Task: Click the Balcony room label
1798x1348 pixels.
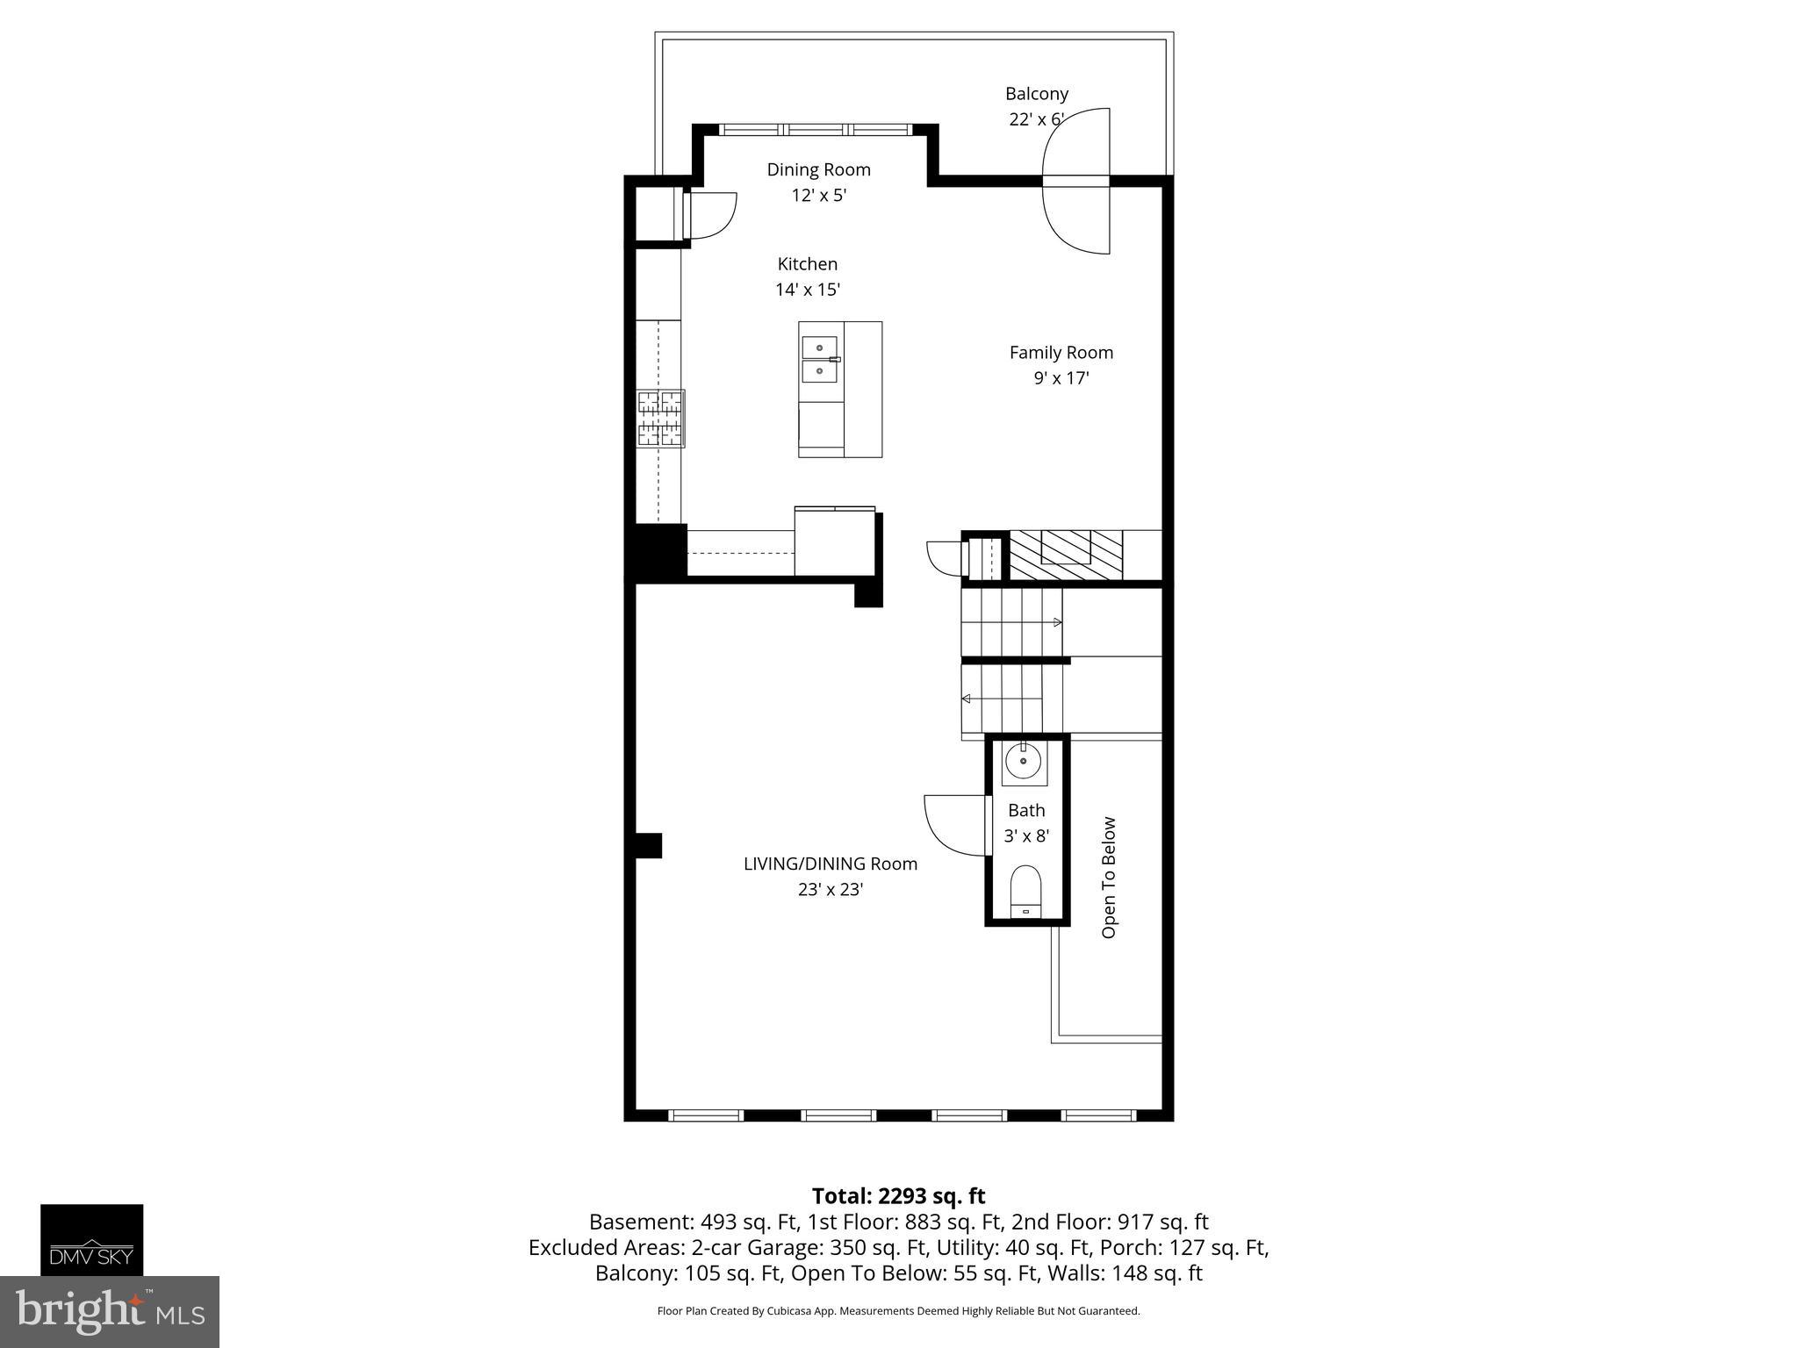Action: tap(1036, 93)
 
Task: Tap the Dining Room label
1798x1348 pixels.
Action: tap(818, 169)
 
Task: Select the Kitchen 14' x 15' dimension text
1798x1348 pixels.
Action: tap(808, 290)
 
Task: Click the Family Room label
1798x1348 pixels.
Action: tap(1061, 353)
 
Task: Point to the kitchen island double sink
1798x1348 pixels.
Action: tap(819, 360)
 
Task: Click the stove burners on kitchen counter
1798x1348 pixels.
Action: tap(660, 419)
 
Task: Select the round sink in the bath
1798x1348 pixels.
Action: tap(1024, 762)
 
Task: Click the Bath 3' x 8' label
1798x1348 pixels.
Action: tap(1026, 822)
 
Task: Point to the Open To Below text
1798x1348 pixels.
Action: tap(1109, 878)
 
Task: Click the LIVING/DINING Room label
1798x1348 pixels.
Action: tap(831, 864)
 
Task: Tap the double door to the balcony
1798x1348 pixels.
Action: tap(1076, 182)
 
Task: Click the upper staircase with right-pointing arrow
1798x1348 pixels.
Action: tap(1011, 621)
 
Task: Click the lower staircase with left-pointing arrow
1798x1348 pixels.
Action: tap(1011, 699)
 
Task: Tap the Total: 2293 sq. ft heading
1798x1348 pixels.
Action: tap(898, 1196)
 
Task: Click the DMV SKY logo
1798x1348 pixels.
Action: tap(91, 1239)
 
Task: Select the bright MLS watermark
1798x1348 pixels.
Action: tap(109, 1312)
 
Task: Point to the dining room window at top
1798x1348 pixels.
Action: tap(816, 129)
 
